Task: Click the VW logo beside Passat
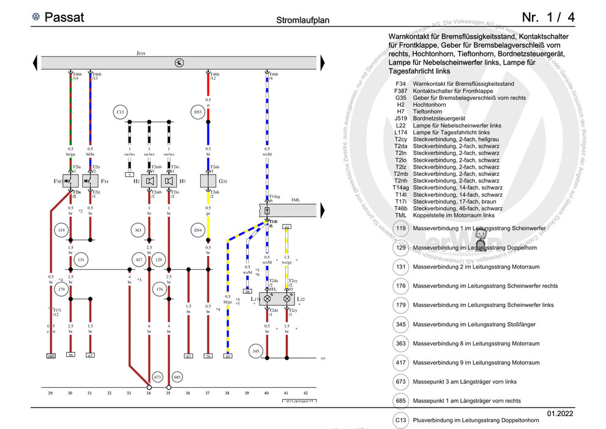click(36, 17)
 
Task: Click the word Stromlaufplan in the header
click(303, 20)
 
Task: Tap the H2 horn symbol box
click(149, 181)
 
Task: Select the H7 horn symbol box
click(168, 181)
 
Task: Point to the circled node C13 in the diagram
click(121, 112)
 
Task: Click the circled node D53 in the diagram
click(198, 112)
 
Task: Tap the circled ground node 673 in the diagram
click(158, 376)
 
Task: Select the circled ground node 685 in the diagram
click(178, 376)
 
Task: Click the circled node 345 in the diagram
click(256, 351)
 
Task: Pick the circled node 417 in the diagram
click(139, 260)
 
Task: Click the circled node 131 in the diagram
click(81, 260)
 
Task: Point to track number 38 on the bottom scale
click(227, 393)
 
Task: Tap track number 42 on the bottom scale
click(305, 393)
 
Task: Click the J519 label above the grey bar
click(141, 53)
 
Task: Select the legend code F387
click(400, 90)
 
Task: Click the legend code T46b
click(401, 208)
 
